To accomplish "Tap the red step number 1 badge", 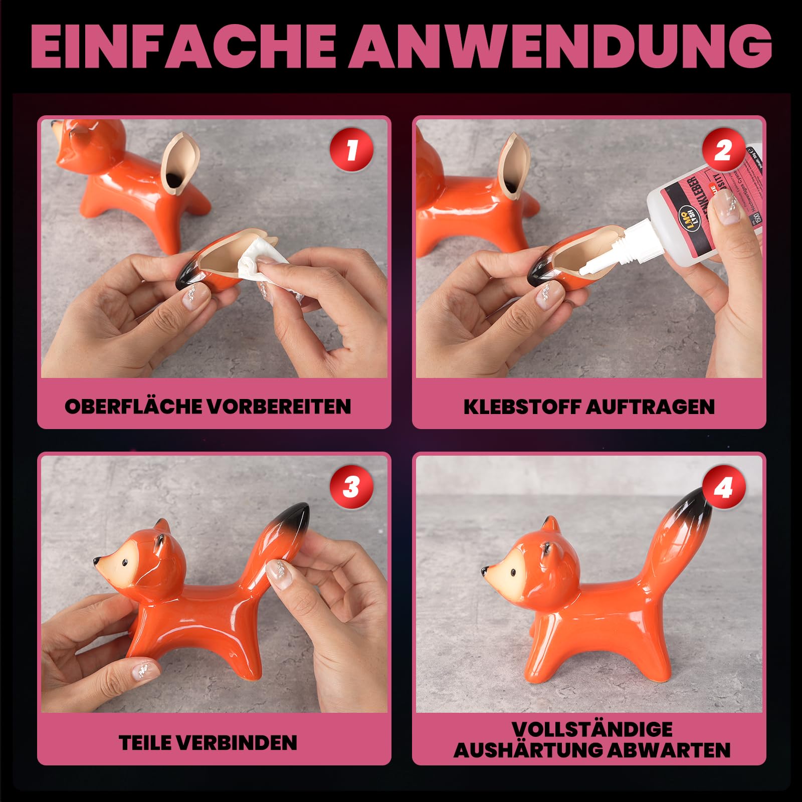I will (x=351, y=149).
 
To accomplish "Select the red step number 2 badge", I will (x=723, y=149).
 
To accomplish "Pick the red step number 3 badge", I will (x=351, y=486).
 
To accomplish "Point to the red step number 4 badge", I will (x=723, y=486).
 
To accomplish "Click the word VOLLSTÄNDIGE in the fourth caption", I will (x=592, y=729).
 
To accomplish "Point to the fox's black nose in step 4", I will (x=485, y=570).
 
